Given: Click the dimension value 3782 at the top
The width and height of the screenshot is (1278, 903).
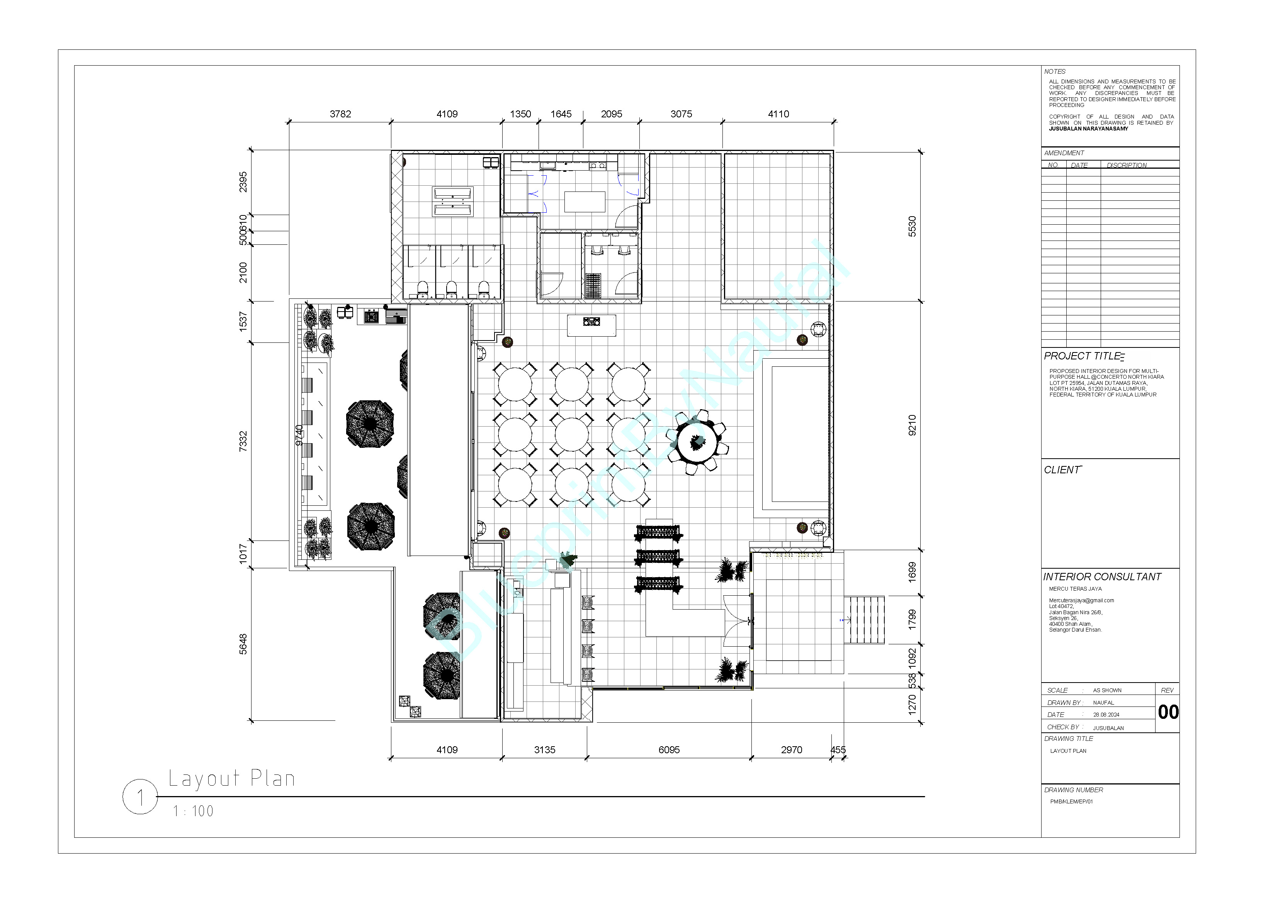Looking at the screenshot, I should pyautogui.click(x=340, y=114).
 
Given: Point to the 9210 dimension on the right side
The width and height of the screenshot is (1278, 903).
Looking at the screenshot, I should pyautogui.click(x=912, y=425).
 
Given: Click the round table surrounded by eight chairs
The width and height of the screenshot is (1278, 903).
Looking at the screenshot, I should pyautogui.click(x=696, y=442).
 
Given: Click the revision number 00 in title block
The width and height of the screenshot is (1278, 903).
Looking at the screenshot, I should pyautogui.click(x=1168, y=712).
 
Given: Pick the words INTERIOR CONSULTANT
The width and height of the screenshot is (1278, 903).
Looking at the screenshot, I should pyautogui.click(x=1102, y=577).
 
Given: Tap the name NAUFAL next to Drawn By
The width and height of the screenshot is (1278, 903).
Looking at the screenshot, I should pyautogui.click(x=1103, y=703).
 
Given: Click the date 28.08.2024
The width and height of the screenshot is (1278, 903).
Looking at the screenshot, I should pyautogui.click(x=1106, y=715).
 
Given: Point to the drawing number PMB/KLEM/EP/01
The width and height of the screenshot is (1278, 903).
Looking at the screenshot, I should pyautogui.click(x=1071, y=802).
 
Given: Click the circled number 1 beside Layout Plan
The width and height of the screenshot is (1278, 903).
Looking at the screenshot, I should pyautogui.click(x=140, y=797).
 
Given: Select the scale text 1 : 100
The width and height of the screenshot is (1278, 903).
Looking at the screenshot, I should pyautogui.click(x=193, y=811).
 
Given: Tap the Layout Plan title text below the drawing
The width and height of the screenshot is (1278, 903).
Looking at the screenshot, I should pyautogui.click(x=231, y=778).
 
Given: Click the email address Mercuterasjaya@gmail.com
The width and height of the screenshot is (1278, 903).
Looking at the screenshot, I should pyautogui.click(x=1081, y=600).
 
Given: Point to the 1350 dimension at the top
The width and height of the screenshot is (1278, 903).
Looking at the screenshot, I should pyautogui.click(x=520, y=114).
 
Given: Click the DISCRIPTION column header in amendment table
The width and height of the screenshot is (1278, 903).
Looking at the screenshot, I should pyautogui.click(x=1127, y=165).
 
